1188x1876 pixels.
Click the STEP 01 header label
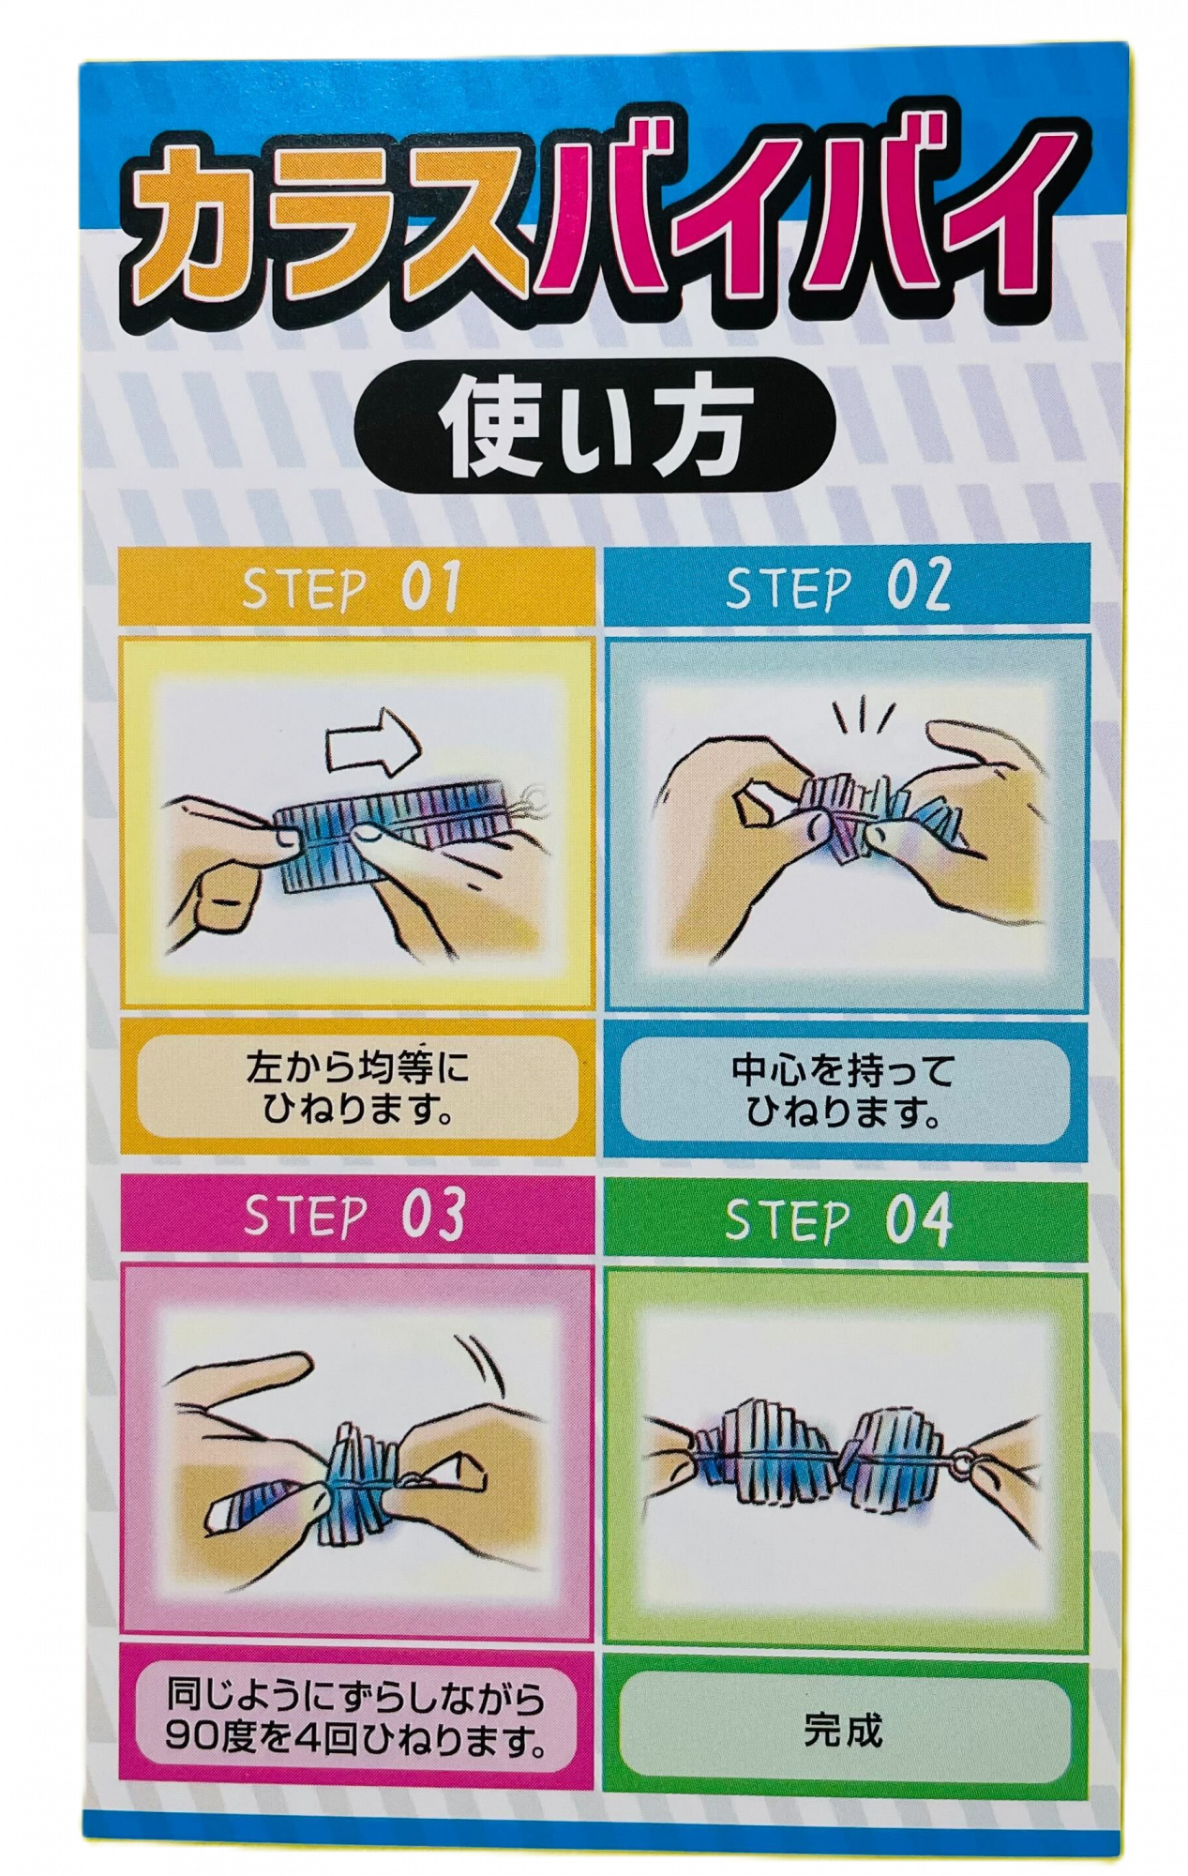click(x=352, y=587)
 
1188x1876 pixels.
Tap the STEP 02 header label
click(x=838, y=586)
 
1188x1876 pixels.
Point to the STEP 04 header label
click(x=838, y=1219)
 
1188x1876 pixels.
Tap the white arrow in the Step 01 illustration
click(x=372, y=742)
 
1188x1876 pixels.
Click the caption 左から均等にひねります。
click(x=355, y=1088)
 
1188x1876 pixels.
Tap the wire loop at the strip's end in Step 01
click(x=534, y=797)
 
